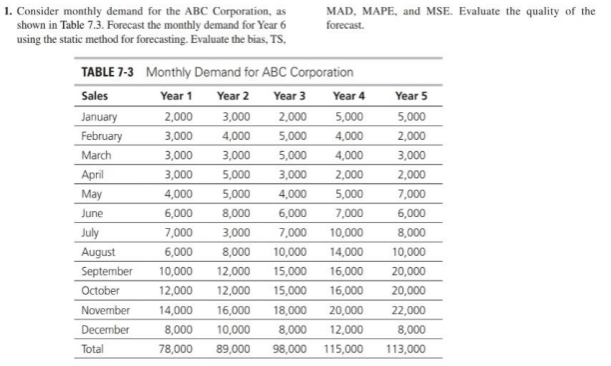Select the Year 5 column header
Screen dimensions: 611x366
coord(409,97)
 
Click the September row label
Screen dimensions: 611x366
coord(108,273)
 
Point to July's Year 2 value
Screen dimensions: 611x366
coord(235,235)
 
